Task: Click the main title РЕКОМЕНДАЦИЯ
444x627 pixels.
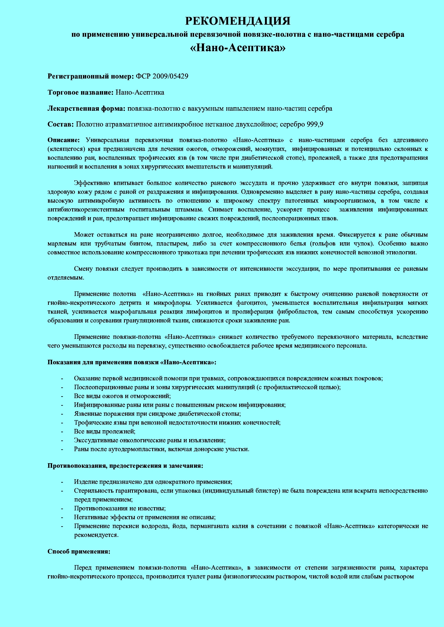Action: click(x=238, y=21)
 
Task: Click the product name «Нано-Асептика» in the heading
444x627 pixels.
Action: click(x=238, y=48)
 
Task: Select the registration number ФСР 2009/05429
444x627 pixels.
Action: click(x=162, y=76)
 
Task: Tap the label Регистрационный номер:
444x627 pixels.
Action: click(x=90, y=76)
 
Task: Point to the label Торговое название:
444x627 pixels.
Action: click(x=80, y=92)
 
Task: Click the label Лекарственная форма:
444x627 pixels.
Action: click(x=86, y=108)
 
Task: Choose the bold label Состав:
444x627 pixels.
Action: click(x=61, y=124)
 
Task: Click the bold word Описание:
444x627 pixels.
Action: click(x=63, y=140)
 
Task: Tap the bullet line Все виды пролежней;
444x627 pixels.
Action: click(x=105, y=431)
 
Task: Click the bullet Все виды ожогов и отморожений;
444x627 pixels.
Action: click(x=122, y=396)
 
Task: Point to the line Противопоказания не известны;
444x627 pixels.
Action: click(x=120, y=508)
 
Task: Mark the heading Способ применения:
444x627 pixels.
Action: click(x=79, y=551)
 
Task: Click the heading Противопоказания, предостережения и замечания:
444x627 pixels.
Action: click(x=125, y=466)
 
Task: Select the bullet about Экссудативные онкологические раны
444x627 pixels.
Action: click(x=150, y=440)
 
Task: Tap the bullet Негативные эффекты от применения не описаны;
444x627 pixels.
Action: click(x=145, y=517)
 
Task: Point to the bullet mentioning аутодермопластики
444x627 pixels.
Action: click(x=161, y=449)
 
